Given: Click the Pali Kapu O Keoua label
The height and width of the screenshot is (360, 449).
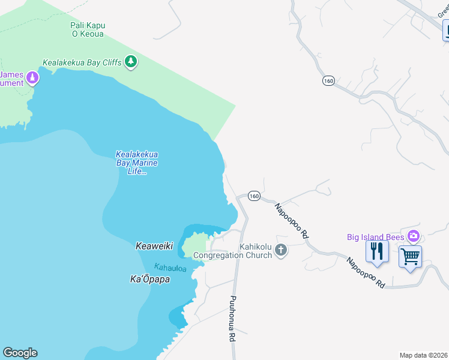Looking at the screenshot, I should pos(88,29).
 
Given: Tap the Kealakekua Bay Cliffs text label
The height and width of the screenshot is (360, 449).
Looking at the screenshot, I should pos(82,62).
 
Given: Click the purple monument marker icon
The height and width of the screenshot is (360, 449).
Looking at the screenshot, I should pos(32,77).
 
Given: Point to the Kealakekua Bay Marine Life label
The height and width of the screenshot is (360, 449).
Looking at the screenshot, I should pos(137,163).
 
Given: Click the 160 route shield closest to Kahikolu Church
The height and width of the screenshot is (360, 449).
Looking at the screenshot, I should pos(254,196).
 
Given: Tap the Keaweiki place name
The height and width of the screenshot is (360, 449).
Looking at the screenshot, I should pos(154,246).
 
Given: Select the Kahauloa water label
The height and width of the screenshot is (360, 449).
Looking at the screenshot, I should pos(170,267).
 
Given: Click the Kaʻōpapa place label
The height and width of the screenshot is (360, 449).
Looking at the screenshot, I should pos(150,279).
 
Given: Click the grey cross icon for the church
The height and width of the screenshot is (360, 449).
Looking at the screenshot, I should pos(281,250).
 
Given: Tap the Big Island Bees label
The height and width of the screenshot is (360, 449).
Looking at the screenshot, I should pos(376,236).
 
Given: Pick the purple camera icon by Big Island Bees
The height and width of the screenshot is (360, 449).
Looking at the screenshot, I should pos(413,236).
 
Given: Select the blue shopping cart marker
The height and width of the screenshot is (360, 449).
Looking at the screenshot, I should pos(410,257).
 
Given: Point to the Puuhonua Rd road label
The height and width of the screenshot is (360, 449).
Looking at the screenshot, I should pos(232,318).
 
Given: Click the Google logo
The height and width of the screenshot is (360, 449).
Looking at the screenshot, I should pos(20,353).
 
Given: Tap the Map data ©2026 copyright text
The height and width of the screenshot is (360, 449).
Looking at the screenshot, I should pos(423,355).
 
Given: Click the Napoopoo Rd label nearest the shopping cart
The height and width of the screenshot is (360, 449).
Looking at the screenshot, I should pos(364,273).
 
